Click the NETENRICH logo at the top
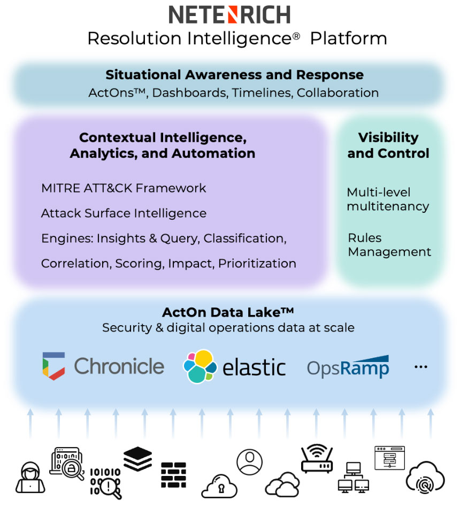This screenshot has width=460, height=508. (x=229, y=14)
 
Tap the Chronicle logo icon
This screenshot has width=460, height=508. (x=53, y=366)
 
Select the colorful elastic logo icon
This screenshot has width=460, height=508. (x=200, y=366)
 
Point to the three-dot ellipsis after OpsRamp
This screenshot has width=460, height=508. (x=421, y=367)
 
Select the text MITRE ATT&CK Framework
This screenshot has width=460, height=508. (x=124, y=188)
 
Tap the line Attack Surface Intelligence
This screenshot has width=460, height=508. (x=124, y=213)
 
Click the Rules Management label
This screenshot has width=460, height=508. (x=389, y=245)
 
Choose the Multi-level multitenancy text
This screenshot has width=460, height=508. (x=388, y=199)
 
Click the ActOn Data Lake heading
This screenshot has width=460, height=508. (x=228, y=312)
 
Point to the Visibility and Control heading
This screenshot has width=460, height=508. (x=388, y=145)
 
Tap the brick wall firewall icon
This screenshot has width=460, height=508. (x=173, y=475)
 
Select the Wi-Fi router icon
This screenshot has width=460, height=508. (x=317, y=459)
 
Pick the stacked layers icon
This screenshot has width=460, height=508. (x=137, y=459)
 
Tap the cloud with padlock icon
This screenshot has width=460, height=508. (x=219, y=486)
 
